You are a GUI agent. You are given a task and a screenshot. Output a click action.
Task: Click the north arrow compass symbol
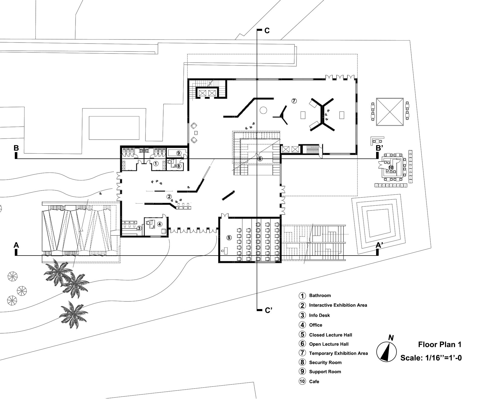[386, 352]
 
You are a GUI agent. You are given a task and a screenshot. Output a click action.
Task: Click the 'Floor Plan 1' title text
[440, 345]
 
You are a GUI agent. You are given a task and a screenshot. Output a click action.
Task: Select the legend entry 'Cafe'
[314, 381]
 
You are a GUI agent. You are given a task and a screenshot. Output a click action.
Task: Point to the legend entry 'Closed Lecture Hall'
[330, 335]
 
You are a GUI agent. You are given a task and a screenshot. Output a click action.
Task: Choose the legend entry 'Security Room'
[325, 362]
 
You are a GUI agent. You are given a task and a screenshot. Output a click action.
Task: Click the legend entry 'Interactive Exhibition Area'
[338, 305]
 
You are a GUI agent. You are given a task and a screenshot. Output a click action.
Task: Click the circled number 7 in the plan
[294, 101]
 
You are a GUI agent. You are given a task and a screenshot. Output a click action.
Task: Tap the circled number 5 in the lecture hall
[229, 238]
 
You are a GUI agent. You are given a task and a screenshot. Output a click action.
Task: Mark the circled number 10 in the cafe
[391, 167]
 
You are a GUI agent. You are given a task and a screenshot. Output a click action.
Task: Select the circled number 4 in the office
[160, 224]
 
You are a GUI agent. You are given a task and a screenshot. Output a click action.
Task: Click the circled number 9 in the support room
[179, 153]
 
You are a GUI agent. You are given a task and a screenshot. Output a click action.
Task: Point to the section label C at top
[267, 31]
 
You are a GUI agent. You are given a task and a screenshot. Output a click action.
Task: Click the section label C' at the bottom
[268, 310]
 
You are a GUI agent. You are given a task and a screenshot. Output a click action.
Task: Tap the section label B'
[379, 148]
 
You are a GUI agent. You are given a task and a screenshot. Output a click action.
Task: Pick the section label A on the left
[16, 245]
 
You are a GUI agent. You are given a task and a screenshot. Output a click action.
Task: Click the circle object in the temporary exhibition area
[263, 110]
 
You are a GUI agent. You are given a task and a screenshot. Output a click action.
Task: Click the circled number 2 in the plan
[169, 197]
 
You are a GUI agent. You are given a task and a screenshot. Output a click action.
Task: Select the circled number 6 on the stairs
[260, 159]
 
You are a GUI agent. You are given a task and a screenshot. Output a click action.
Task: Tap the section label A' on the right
[379, 245]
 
